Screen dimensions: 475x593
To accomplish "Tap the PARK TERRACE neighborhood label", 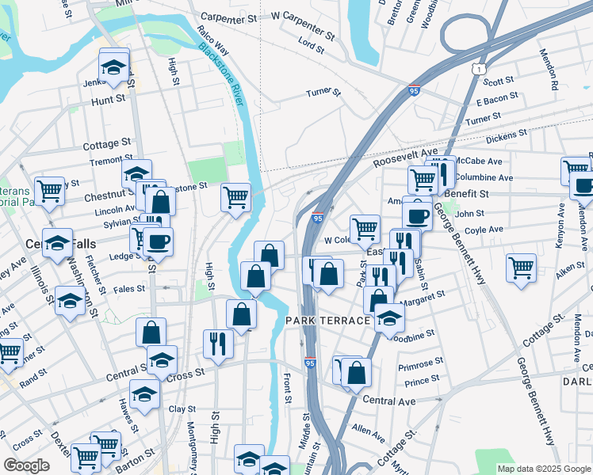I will coord(328,321).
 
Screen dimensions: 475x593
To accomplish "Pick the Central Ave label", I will coord(389,401).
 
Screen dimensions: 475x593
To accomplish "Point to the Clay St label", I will coord(182,409).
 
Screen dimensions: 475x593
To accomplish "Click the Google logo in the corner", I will coord(26,465).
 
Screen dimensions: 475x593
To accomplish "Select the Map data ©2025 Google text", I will coord(543,469).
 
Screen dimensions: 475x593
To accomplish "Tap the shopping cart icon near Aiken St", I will coord(522,267).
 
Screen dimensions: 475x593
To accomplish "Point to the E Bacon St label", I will coord(497,100).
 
